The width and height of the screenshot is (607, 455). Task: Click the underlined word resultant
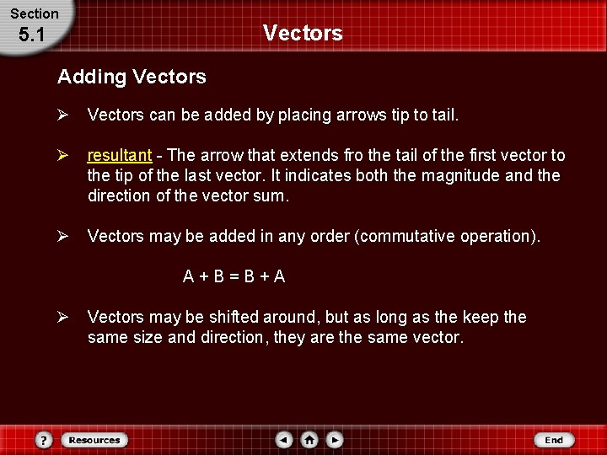point(120,156)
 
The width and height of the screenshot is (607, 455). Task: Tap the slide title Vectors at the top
point(303,33)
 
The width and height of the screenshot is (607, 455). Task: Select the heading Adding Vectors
point(132,77)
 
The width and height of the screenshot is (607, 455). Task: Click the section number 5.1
point(30,35)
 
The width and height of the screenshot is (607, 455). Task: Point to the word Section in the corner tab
point(35,13)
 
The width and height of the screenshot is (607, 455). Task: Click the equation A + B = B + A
point(234,276)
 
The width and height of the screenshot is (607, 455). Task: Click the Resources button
point(94,440)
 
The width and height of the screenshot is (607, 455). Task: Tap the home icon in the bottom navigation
point(309,440)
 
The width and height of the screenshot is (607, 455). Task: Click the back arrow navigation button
point(284,440)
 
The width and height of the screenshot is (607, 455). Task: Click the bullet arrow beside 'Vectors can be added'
point(62,115)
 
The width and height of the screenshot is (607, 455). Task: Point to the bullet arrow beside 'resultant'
point(62,156)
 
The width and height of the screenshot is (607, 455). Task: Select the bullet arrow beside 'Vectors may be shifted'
point(62,318)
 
